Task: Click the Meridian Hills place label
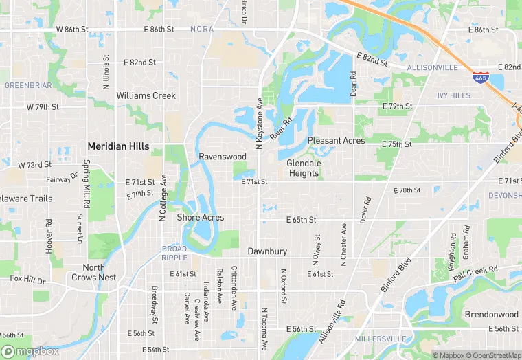118,146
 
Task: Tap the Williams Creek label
146,95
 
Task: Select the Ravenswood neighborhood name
223,157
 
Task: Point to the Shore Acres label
201,217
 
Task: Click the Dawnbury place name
267,251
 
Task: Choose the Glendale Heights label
304,168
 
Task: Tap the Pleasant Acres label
336,140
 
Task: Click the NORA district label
202,30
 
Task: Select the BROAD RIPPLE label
174,253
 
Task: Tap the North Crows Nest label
94,273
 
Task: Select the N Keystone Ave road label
260,123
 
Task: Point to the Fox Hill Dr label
27,280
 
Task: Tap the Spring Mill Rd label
87,185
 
